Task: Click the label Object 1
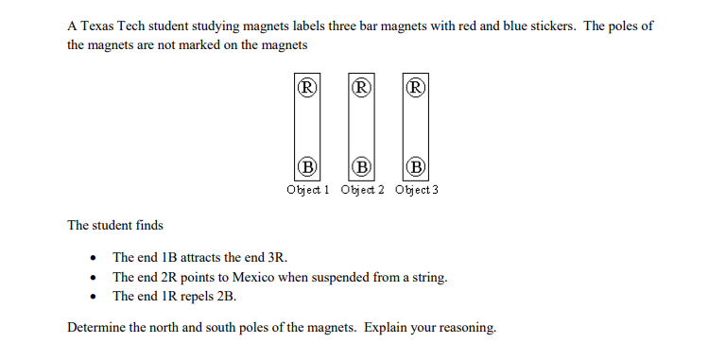308,189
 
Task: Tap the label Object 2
362,189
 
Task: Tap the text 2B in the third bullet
226,296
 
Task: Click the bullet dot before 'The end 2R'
93,278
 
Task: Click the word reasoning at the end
466,328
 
